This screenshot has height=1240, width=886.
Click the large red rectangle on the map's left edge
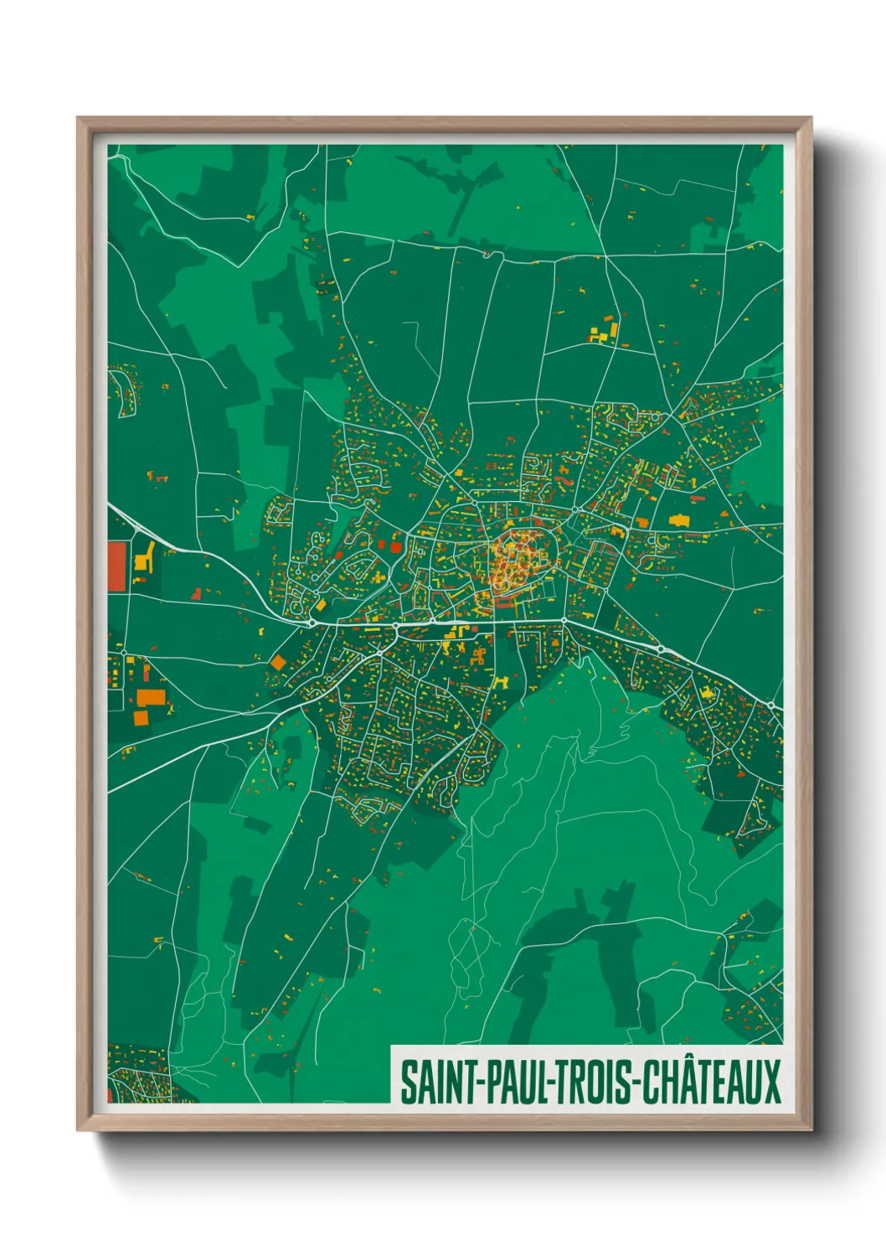117,566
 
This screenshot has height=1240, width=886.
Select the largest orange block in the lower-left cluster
152,697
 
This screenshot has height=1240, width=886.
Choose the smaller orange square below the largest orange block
141,717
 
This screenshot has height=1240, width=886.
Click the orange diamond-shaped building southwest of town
278,663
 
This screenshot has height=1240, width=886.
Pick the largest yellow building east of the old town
678,520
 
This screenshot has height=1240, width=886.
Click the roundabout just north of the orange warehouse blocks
123,653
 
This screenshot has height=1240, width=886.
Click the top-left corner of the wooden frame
78,118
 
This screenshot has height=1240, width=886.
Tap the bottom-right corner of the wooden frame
811,1129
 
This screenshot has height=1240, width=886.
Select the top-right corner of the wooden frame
811,118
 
